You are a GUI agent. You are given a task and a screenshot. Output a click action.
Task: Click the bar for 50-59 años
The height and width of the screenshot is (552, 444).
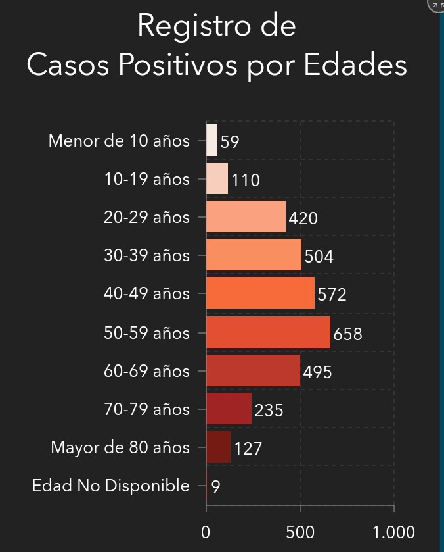coord(268,333)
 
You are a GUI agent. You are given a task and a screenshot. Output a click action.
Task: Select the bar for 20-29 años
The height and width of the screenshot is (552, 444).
coord(246,217)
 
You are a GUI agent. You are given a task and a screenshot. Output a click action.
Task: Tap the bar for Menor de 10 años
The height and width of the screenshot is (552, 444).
coord(211,141)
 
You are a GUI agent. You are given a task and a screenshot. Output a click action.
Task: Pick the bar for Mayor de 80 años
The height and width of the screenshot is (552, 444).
coord(218,447)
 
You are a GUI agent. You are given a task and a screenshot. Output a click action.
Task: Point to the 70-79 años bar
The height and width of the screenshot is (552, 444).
coord(229,409)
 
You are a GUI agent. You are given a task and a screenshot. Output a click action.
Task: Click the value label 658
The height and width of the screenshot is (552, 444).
coord(347,334)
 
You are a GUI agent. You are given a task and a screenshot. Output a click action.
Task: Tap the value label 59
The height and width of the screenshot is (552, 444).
coord(230,142)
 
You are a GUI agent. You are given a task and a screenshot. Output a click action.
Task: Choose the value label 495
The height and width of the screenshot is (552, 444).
coord(317,373)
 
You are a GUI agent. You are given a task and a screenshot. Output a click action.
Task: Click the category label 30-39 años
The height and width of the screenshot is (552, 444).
coord(146,255)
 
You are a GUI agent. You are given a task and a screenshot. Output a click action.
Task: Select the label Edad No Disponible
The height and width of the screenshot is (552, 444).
coord(110,486)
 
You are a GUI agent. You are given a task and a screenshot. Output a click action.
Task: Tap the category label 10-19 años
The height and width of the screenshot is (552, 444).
coord(146,179)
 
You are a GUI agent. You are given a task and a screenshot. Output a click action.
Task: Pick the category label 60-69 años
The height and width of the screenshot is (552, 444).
coord(146,371)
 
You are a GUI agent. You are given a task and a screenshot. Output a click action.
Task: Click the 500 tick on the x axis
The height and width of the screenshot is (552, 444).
coord(300,532)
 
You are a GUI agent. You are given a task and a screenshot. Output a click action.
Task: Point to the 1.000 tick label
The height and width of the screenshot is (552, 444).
coord(393,532)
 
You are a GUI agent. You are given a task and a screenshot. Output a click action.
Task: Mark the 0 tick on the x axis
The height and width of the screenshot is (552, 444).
coord(206,532)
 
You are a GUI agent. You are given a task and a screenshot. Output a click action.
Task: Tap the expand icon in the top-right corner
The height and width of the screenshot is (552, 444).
coord(436,5)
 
